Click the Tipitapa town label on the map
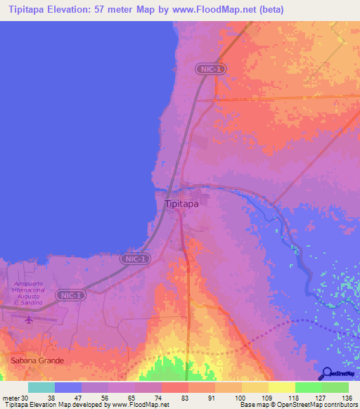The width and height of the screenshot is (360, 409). [181, 204]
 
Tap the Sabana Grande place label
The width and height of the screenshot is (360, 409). [37, 361]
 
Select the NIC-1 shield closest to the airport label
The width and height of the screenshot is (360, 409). [70, 295]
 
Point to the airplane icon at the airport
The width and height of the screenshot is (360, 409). [28, 320]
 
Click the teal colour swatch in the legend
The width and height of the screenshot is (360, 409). [41, 387]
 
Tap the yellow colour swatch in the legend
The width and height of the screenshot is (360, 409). [255, 387]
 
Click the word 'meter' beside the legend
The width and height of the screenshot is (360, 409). [10, 398]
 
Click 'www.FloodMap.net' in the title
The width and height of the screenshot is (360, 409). [206, 10]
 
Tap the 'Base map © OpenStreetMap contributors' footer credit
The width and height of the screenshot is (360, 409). [297, 405]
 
